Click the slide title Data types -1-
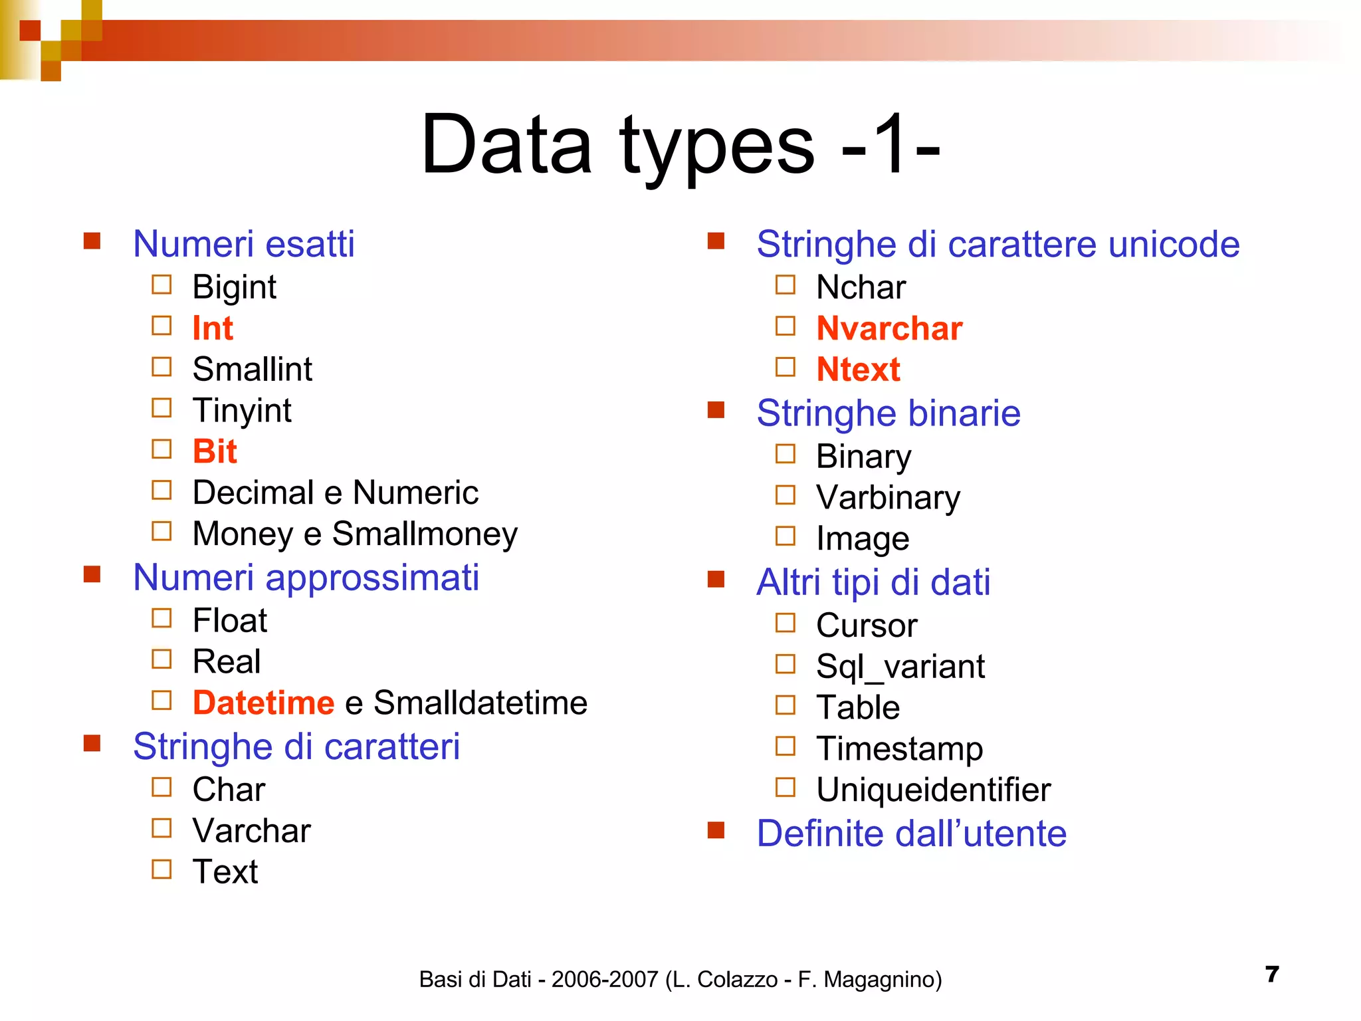tap(680, 145)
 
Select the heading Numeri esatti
tap(243, 244)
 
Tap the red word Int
tap(213, 328)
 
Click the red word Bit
tap(215, 452)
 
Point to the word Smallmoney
tap(425, 534)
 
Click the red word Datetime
tap(263, 703)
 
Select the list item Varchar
tap(251, 831)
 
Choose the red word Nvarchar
tap(889, 328)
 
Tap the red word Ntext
tap(858, 370)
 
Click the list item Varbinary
tap(888, 498)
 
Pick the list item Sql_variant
tap(900, 667)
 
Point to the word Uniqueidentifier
tap(933, 790)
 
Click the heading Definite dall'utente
tap(911, 834)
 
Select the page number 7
tap(1272, 974)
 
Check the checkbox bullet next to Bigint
tap(161, 285)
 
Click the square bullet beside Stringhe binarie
tap(716, 409)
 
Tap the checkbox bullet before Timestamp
tap(785, 746)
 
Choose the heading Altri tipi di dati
tap(873, 582)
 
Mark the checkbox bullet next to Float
tap(161, 618)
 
